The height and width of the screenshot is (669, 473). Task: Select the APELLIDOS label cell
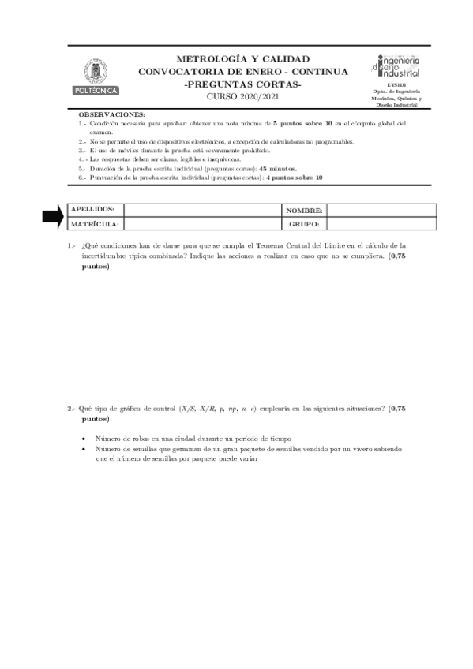(93, 210)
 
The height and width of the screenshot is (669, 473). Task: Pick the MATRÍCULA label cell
(94, 224)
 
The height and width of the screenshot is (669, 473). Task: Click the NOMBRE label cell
(304, 211)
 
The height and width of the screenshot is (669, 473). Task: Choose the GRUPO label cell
(304, 225)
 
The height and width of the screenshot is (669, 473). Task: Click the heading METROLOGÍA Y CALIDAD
(242, 59)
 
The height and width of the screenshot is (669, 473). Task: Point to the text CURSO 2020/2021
(242, 96)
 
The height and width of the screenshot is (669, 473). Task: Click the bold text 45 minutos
(277, 169)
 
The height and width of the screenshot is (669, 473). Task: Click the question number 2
(70, 409)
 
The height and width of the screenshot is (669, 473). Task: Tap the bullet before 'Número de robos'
(84, 438)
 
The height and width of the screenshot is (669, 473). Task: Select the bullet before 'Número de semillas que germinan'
(84, 448)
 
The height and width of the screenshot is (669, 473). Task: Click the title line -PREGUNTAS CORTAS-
(242, 84)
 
